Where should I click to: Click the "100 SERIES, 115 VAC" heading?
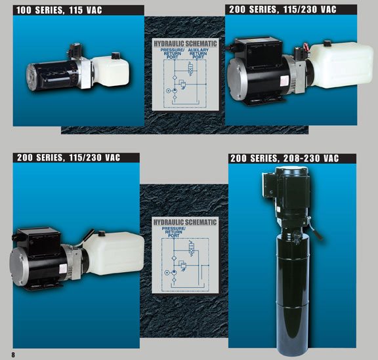(x=59, y=10)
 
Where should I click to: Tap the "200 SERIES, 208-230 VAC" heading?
(x=284, y=158)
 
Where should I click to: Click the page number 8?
(x=13, y=355)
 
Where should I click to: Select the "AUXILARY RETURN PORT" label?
(x=198, y=54)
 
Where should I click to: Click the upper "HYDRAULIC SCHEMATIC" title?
(x=185, y=44)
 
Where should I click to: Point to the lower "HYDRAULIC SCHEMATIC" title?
(x=185, y=222)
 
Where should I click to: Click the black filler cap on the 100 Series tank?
(x=116, y=56)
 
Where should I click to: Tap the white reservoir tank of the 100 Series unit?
(x=110, y=71)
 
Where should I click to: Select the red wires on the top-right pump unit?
(x=304, y=47)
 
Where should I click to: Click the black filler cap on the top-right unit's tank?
(x=327, y=43)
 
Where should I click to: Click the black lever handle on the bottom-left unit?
(x=87, y=237)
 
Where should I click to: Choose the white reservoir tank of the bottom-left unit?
(x=114, y=253)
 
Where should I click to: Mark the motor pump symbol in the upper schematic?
(x=175, y=90)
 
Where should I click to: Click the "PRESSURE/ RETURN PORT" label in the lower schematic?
(x=173, y=232)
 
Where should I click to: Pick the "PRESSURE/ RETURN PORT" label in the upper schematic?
(x=173, y=54)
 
